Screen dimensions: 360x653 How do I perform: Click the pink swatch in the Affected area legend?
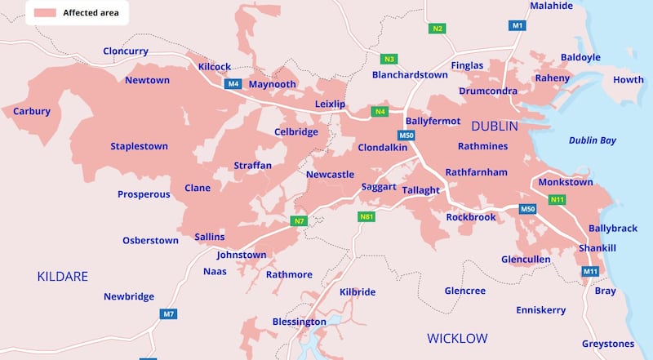click(43, 13)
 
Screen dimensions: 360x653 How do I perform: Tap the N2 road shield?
click(438, 29)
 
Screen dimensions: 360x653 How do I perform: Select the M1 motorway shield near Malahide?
click(518, 26)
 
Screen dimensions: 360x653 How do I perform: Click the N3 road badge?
click(389, 59)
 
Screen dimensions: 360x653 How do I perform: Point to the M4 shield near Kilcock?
click(233, 83)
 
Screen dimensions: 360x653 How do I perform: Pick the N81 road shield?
click(366, 217)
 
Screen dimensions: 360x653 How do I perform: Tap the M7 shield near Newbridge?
click(169, 314)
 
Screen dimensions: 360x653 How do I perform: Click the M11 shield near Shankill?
click(589, 271)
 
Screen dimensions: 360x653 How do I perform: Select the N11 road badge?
click(557, 200)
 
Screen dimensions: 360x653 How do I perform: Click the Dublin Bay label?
click(592, 140)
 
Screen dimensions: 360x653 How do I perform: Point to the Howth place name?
click(628, 80)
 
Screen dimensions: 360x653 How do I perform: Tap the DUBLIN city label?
click(495, 126)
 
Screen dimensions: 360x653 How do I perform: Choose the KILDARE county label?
click(62, 277)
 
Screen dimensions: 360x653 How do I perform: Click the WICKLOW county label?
click(457, 338)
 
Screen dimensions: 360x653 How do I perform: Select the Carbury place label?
click(32, 112)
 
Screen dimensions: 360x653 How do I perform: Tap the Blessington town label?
click(299, 322)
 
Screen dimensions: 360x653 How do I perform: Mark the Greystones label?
click(608, 344)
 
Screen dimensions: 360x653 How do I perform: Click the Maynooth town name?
click(272, 84)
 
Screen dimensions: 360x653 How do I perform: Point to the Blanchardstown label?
click(410, 75)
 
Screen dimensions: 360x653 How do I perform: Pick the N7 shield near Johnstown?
click(299, 220)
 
